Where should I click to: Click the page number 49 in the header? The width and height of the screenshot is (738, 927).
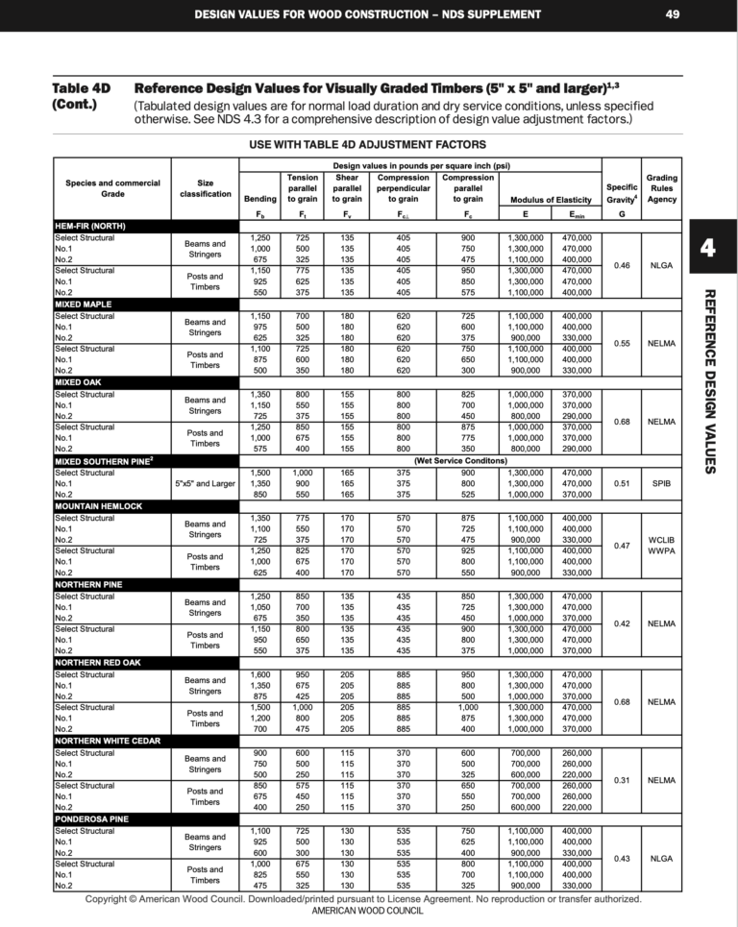click(x=672, y=14)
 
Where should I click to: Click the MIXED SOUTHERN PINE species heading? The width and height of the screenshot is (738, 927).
click(x=104, y=461)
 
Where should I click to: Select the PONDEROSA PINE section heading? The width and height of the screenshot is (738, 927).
click(x=94, y=819)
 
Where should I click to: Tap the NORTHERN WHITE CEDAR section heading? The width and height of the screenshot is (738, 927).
click(x=108, y=742)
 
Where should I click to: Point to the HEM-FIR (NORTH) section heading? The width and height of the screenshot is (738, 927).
click(x=90, y=227)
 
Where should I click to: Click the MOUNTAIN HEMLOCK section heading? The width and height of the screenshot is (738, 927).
click(x=98, y=506)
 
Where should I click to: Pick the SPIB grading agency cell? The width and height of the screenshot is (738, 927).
click(x=661, y=483)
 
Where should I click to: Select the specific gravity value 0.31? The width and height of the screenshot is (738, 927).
click(x=622, y=780)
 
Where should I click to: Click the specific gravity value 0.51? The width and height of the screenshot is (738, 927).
click(x=622, y=483)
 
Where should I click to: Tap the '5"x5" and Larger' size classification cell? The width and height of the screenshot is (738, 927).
click(x=205, y=483)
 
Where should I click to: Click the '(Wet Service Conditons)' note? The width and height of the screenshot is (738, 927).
click(x=461, y=461)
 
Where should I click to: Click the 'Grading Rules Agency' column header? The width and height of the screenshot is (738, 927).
click(x=661, y=188)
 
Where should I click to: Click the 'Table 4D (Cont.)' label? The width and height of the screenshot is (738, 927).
click(x=81, y=96)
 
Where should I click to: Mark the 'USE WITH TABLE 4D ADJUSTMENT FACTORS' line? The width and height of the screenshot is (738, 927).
click(x=369, y=144)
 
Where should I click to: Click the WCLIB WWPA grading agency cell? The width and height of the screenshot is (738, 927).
click(x=661, y=546)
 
